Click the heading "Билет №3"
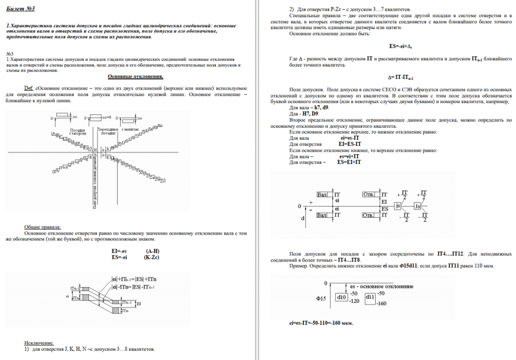click(x=21, y=9)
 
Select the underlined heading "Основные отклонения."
click(x=135, y=76)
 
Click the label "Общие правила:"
click(x=42, y=227)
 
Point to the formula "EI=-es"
click(x=119, y=251)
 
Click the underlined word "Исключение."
click(x=39, y=342)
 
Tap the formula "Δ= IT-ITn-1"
click(x=400, y=77)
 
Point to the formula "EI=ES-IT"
click(x=349, y=144)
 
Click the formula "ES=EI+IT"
click(x=349, y=162)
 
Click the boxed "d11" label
click(x=370, y=297)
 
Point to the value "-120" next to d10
click(x=353, y=301)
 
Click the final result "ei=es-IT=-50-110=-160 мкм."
click(x=321, y=323)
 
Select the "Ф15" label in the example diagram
click(x=321, y=298)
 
